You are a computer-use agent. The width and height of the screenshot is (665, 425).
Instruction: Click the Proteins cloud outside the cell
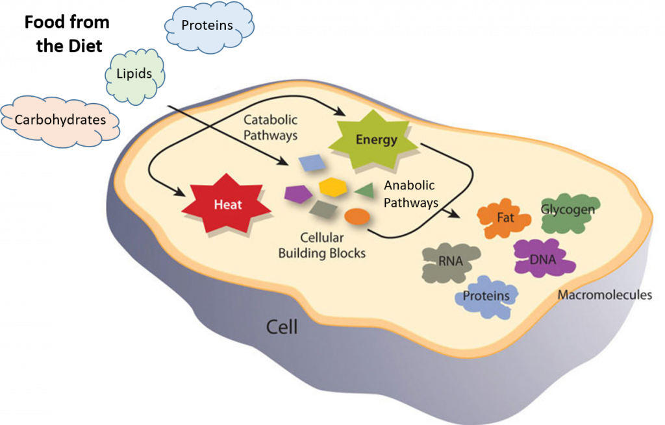[x=208, y=26]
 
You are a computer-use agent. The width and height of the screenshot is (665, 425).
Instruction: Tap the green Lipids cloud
[x=134, y=74]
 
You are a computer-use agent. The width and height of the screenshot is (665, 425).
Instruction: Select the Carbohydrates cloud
[x=60, y=120]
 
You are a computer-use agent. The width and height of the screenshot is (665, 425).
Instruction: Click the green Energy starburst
[x=376, y=140]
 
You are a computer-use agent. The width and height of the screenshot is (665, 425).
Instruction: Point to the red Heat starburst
[x=228, y=204]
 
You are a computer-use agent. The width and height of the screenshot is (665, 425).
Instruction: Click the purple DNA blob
[x=543, y=259]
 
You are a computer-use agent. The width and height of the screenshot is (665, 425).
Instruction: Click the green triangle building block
[x=364, y=190]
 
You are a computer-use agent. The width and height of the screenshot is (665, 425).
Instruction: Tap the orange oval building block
[x=357, y=217]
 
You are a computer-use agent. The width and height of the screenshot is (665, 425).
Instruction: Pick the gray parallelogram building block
[x=322, y=210]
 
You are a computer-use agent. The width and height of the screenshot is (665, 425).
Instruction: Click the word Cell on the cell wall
[x=282, y=326]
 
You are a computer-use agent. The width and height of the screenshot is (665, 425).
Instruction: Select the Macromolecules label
[x=605, y=295]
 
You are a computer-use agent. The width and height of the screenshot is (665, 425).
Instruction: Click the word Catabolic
[x=270, y=120]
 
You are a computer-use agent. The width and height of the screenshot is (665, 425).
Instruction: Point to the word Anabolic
[x=409, y=186]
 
